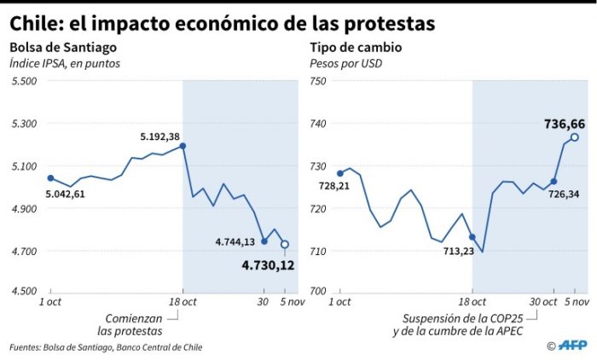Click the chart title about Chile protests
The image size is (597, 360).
tap(223, 21)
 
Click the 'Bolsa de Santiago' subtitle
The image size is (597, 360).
tap(63, 48)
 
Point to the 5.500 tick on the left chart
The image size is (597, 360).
tap(24, 81)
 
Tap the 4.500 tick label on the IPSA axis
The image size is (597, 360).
tap(24, 291)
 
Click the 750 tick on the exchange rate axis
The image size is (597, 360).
tap(318, 81)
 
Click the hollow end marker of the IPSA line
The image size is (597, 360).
tap(285, 244)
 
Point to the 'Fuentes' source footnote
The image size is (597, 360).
tap(106, 347)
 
